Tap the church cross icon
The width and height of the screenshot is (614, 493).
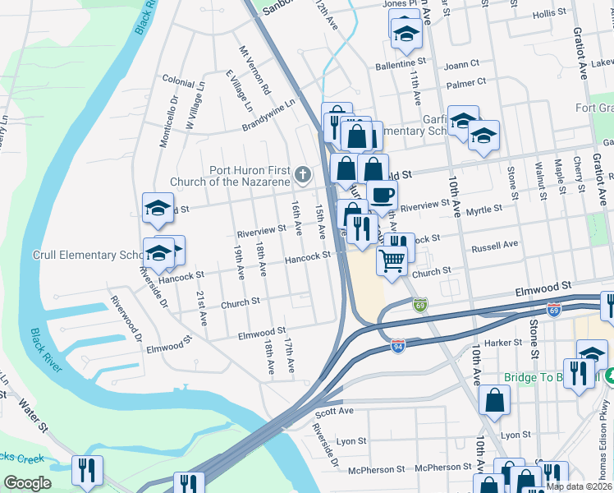pyautogui.click(x=303, y=173)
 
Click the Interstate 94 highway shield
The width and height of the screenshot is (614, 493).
pyautogui.click(x=397, y=347)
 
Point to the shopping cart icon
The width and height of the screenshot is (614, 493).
pyautogui.click(x=392, y=260)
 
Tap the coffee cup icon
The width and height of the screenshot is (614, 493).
pyautogui.click(x=382, y=195)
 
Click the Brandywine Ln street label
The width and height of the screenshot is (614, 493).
pyautogui.click(x=268, y=116)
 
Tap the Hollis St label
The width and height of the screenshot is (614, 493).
pyautogui.click(x=556, y=15)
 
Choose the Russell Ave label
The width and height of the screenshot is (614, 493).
pyautogui.click(x=494, y=246)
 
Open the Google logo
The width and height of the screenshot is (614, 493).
pyautogui.click(x=27, y=483)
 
